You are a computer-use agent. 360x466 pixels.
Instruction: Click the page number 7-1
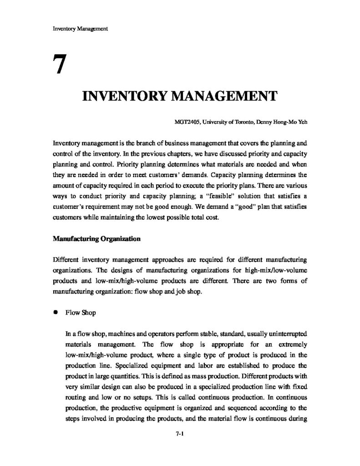coord(180,434)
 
